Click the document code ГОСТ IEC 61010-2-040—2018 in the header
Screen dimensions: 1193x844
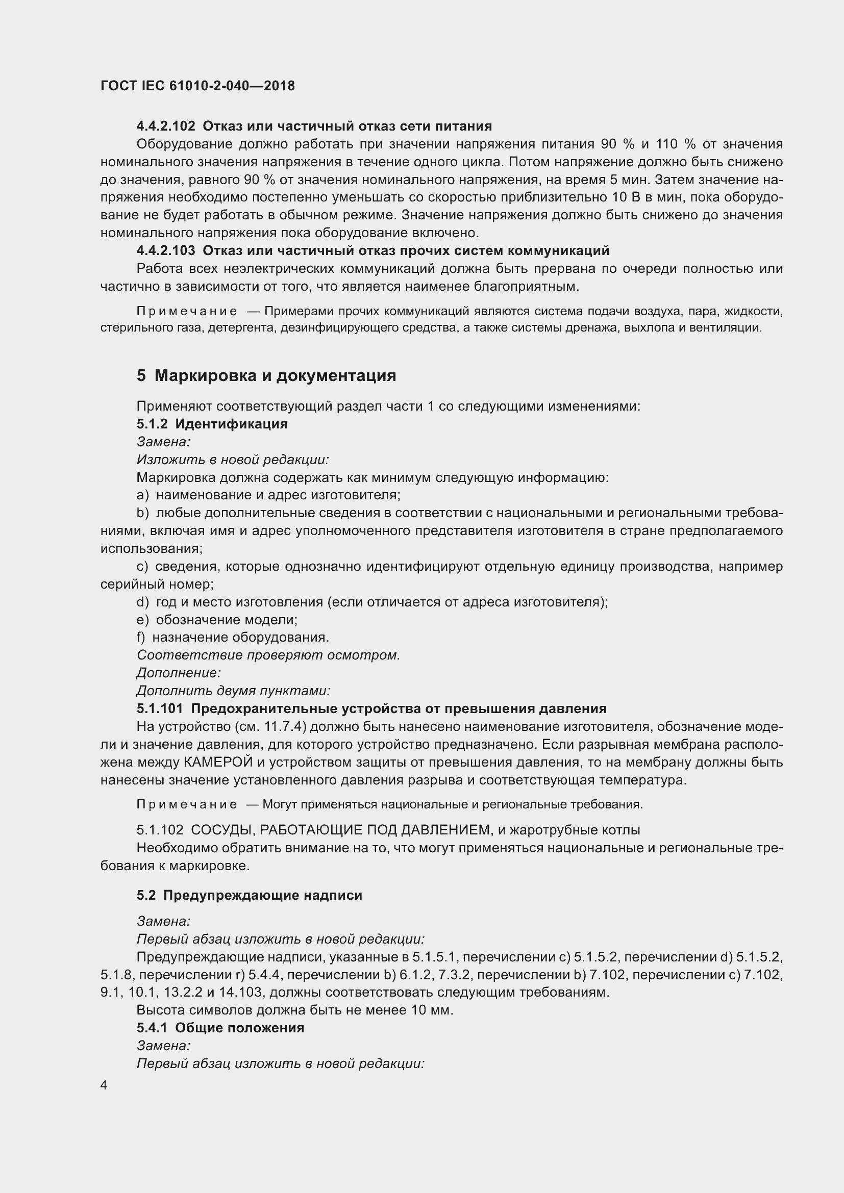click(197, 86)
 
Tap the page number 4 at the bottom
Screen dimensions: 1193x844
click(104, 1085)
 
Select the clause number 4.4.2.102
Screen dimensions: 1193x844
click(166, 126)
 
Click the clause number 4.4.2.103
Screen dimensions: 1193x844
click(166, 251)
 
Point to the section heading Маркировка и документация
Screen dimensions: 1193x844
click(275, 376)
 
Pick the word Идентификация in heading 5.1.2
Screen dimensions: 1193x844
click(231, 424)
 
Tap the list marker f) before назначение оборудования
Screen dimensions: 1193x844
click(140, 638)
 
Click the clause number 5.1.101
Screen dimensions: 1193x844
click(160, 709)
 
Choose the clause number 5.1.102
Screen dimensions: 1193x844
click(160, 830)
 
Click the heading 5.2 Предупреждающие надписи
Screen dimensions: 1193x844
click(250, 895)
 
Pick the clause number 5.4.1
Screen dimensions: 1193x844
click(152, 1028)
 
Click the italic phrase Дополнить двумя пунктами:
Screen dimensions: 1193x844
click(233, 691)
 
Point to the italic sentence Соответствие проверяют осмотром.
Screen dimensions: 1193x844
click(268, 655)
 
